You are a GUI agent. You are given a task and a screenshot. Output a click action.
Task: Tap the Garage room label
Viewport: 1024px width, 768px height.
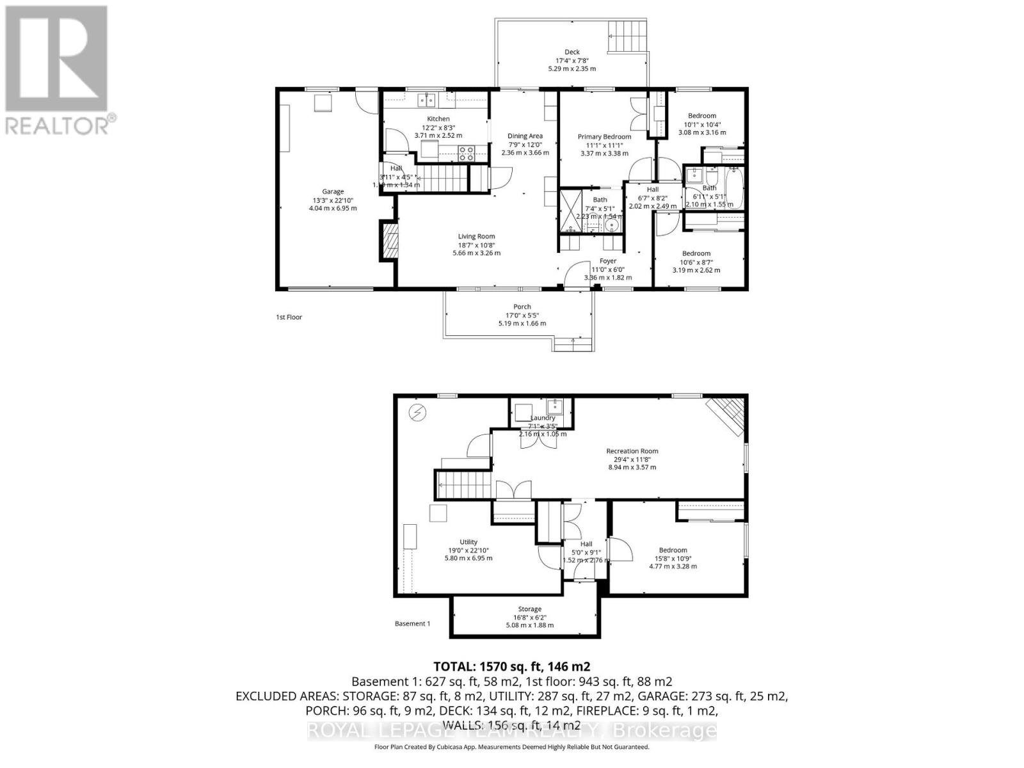click(333, 191)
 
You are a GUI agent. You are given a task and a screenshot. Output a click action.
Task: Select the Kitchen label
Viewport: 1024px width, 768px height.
click(438, 119)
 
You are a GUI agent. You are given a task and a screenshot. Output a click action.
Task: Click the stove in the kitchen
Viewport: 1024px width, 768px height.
click(466, 153)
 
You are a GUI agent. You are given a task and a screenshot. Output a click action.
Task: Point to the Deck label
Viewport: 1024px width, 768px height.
click(572, 52)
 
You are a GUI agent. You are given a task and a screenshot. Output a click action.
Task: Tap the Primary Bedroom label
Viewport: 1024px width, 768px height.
click(604, 136)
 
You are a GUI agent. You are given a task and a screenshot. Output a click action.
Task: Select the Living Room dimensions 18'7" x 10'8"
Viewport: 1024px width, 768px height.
click(476, 244)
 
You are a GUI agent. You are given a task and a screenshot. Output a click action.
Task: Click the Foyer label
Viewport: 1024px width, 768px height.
click(607, 260)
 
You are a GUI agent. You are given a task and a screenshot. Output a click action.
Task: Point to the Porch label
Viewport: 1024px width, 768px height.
click(522, 307)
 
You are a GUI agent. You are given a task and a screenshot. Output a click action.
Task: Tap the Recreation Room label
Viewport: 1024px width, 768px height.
click(632, 451)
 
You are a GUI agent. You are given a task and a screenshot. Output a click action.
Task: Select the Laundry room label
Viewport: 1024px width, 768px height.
click(542, 418)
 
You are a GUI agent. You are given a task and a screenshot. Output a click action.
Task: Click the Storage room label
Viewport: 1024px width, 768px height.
click(529, 609)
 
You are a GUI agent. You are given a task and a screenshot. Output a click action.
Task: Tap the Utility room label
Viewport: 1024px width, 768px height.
click(468, 542)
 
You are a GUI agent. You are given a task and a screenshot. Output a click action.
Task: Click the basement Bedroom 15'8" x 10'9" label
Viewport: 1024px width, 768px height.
click(673, 550)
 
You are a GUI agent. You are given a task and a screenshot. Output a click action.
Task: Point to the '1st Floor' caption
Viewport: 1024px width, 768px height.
click(289, 317)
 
